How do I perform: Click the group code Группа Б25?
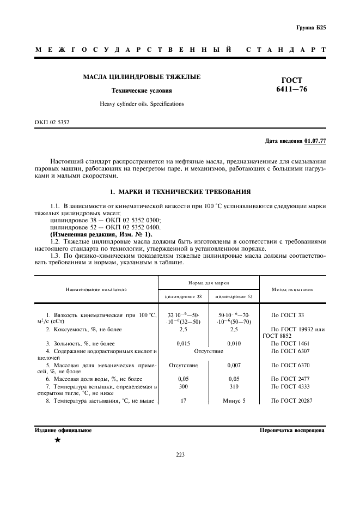[311, 27]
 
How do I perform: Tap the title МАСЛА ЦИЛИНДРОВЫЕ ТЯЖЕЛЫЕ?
[142, 77]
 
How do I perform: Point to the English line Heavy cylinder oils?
[142, 104]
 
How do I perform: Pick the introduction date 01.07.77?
[315, 142]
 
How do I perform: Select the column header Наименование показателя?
[96, 289]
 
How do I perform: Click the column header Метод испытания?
[293, 289]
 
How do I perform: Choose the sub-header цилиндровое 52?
[234, 296]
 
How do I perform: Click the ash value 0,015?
[183, 343]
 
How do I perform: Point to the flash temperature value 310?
[234, 386]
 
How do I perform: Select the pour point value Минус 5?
[234, 401]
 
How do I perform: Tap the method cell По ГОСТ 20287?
[292, 401]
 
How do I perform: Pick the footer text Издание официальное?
[63, 430]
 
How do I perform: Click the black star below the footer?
[57, 440]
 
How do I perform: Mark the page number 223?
[180, 456]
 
